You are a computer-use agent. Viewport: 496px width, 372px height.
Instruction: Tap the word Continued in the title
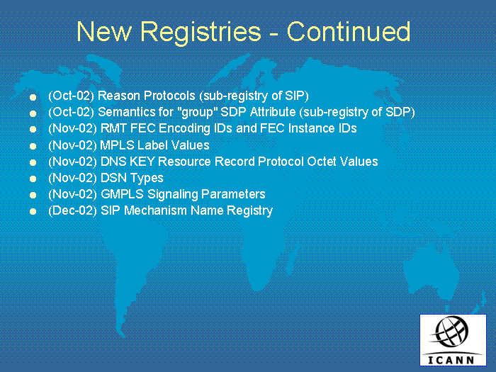pos(349,31)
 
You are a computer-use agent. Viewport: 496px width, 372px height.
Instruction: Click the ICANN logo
pos(453,340)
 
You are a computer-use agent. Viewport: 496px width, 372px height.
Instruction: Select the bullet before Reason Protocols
pos(33,97)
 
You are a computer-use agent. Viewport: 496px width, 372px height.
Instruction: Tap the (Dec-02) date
pos(72,210)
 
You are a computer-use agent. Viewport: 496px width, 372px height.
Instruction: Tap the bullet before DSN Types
pos(33,179)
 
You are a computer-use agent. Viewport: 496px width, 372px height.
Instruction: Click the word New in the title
pos(104,31)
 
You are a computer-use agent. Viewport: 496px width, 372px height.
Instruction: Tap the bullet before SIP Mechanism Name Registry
pos(33,211)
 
